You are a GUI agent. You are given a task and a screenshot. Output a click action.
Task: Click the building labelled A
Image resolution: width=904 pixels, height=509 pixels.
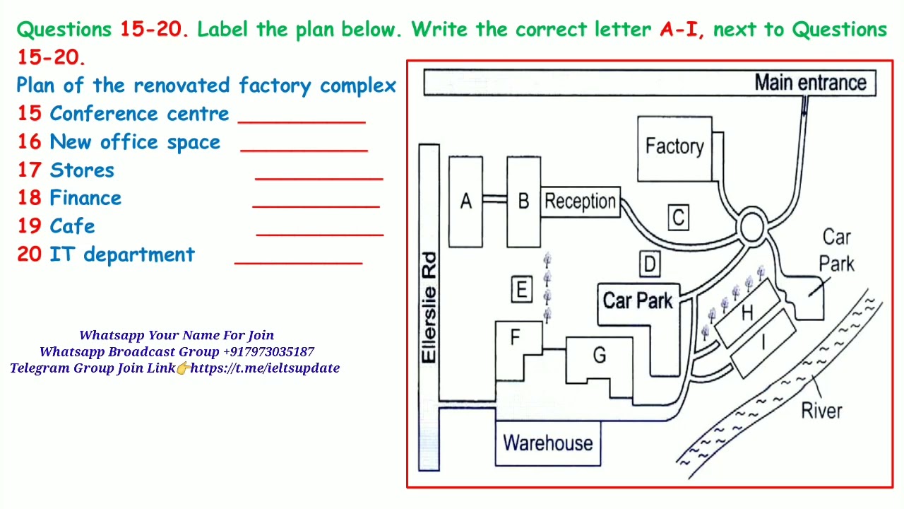(x=465, y=201)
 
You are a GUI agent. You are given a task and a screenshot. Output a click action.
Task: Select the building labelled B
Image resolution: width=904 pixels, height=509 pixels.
(x=523, y=201)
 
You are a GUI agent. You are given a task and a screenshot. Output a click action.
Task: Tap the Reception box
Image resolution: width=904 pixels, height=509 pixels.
(x=580, y=201)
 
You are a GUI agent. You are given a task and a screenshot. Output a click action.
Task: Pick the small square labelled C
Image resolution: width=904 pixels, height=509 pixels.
(x=679, y=217)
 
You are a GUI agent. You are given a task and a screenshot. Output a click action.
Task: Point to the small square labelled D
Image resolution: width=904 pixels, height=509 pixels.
(x=650, y=264)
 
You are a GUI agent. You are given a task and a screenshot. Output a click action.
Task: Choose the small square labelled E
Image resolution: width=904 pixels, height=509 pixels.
(x=521, y=289)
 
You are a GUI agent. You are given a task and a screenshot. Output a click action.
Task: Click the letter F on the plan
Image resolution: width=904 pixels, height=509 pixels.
(x=515, y=337)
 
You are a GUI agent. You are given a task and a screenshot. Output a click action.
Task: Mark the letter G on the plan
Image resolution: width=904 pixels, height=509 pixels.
(x=600, y=355)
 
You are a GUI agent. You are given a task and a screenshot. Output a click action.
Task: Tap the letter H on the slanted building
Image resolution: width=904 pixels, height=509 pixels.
(x=747, y=312)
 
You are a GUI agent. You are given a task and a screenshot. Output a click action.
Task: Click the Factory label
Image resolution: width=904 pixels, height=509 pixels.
(x=674, y=146)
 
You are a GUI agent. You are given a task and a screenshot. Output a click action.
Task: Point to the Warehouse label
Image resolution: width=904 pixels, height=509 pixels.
(x=547, y=443)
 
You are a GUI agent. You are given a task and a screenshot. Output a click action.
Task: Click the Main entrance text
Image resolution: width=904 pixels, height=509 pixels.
(x=810, y=83)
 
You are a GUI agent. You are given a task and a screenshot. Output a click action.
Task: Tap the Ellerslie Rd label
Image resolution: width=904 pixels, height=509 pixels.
(x=429, y=308)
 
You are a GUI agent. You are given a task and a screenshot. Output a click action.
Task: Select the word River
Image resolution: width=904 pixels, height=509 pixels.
(x=821, y=411)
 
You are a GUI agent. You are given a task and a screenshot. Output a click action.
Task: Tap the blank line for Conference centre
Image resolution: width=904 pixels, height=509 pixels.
(x=302, y=122)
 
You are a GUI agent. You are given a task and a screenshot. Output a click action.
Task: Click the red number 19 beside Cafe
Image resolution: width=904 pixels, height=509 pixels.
(x=30, y=226)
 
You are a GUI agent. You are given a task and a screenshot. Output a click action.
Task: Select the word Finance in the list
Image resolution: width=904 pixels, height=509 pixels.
(x=85, y=198)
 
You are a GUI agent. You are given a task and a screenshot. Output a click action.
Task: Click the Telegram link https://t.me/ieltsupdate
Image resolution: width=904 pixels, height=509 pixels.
(x=265, y=368)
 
